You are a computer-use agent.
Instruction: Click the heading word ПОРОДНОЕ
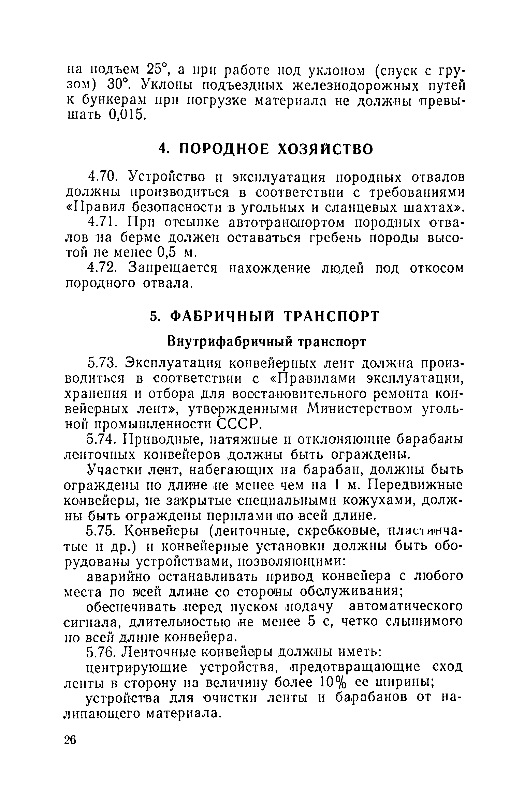coord(224,149)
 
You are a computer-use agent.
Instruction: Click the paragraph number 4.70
coord(103,178)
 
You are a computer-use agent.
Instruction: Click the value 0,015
coord(127,115)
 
